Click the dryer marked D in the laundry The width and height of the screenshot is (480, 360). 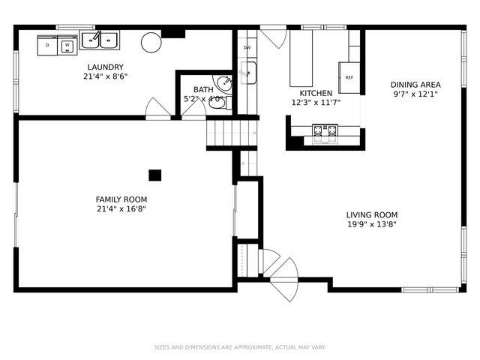pos(48,46)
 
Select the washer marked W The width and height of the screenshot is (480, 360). pos(67,46)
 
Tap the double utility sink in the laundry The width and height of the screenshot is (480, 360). pos(100,39)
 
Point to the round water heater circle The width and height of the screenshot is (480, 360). pos(151,42)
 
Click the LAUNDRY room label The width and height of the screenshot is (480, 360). pos(105,67)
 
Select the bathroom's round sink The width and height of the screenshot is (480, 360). pos(223,83)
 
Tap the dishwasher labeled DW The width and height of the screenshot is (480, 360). pos(247,48)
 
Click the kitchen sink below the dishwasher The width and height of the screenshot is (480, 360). pos(247,73)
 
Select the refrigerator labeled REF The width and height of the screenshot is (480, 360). pos(349,77)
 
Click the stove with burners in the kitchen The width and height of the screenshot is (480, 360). pos(325,133)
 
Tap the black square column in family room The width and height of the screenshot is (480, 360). pos(154,175)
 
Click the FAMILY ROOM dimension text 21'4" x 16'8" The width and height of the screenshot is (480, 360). pos(121,209)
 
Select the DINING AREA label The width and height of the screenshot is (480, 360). pos(415,85)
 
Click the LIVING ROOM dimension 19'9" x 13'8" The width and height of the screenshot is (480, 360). pos(371,224)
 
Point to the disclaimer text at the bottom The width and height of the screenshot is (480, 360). pos(240,347)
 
